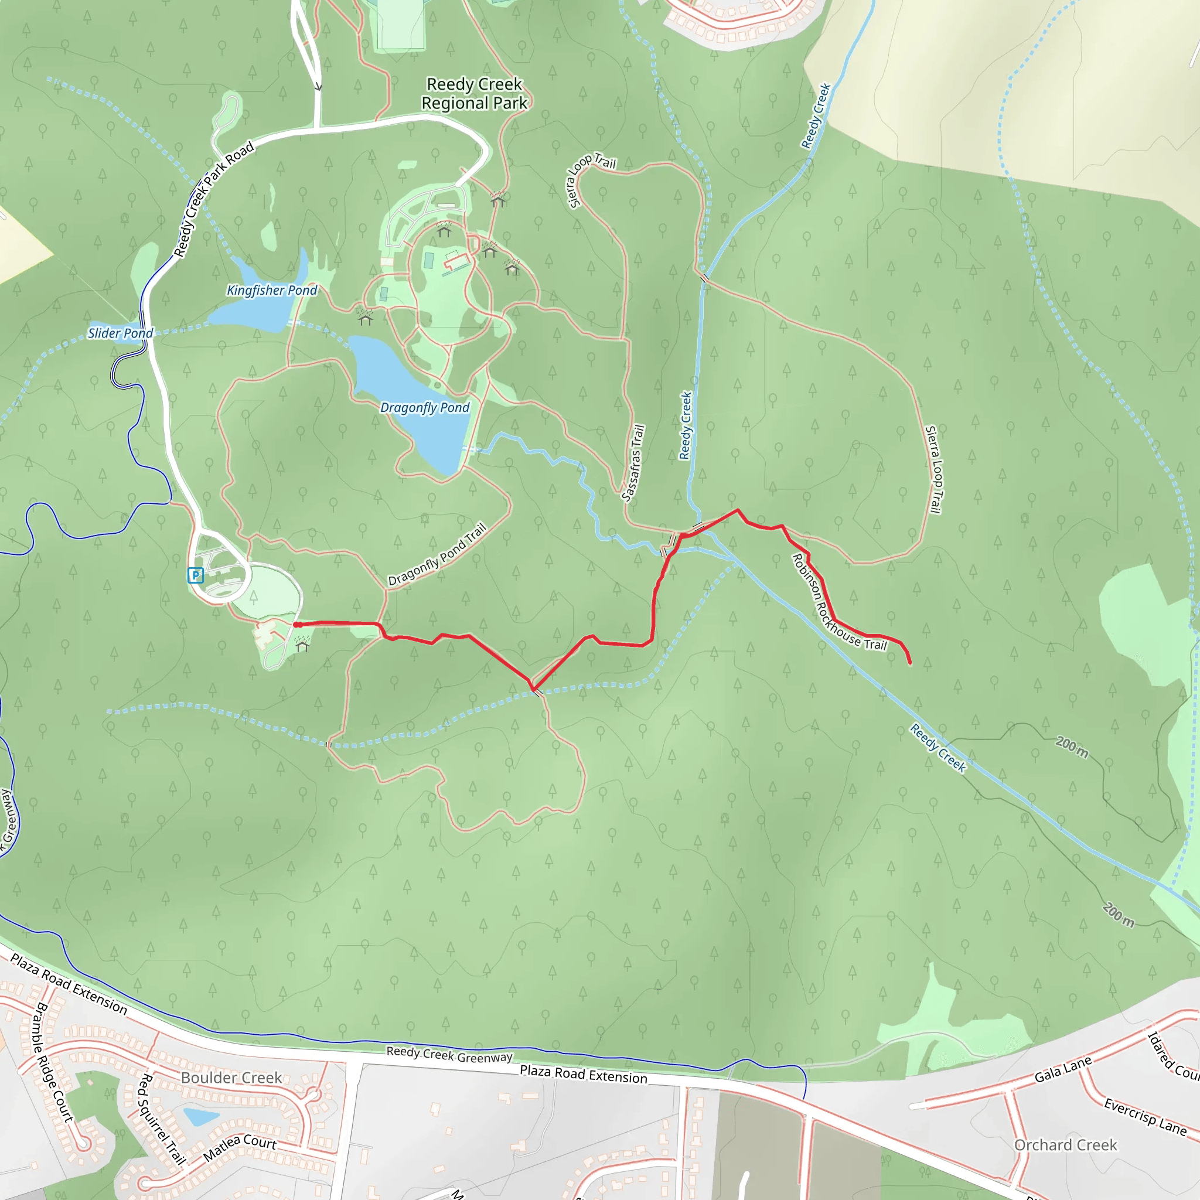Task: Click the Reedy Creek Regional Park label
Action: click(x=474, y=94)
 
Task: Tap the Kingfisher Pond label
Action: click(x=271, y=290)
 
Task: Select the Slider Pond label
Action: click(x=120, y=333)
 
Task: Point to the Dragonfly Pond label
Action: click(x=425, y=407)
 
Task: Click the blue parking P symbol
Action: click(x=195, y=575)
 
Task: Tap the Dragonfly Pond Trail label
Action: click(x=437, y=555)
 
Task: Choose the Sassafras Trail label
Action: click(x=633, y=463)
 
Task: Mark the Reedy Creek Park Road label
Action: click(x=213, y=199)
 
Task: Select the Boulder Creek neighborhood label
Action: click(x=231, y=1078)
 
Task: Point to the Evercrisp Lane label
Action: click(x=1144, y=1116)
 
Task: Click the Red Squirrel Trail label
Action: click(x=159, y=1119)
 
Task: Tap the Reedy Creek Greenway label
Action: click(x=449, y=1055)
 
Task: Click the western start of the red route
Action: click(x=297, y=625)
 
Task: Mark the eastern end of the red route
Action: click(x=910, y=663)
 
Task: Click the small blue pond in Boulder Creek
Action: click(x=200, y=1117)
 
